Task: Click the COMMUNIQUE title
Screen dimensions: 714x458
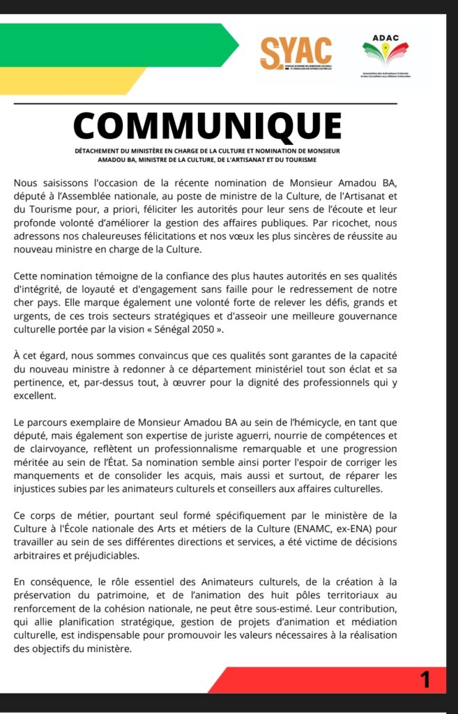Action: click(x=207, y=126)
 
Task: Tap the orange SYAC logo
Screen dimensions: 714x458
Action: click(x=296, y=53)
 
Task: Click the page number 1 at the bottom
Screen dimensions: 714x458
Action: click(x=425, y=679)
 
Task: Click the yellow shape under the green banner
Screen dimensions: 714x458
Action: click(x=70, y=80)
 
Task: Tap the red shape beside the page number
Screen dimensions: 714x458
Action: click(x=314, y=679)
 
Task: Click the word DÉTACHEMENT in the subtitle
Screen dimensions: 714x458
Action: click(x=101, y=150)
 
